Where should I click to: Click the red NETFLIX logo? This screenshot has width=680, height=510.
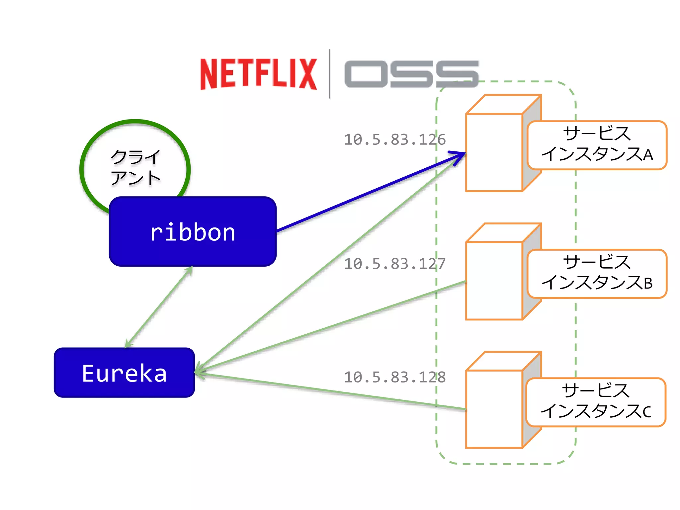pos(258,74)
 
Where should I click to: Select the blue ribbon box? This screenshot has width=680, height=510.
pos(193,232)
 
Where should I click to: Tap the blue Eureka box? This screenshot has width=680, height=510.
pos(124,373)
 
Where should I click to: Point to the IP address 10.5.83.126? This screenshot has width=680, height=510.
pos(394,140)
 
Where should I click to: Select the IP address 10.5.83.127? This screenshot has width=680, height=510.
pos(394,264)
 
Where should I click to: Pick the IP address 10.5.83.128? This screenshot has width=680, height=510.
pos(394,377)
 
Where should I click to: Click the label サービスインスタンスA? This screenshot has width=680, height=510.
pos(597,145)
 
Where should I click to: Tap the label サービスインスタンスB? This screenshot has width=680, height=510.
pos(597,274)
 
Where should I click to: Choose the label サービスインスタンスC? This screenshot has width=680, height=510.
pos(596,402)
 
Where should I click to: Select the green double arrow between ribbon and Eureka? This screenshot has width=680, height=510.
pos(159,307)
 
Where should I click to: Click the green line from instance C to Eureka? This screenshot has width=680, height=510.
pos(332,391)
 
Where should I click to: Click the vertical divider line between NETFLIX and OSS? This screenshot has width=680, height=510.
pos(330,74)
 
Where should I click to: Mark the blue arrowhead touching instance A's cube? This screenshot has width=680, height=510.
pos(460,155)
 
